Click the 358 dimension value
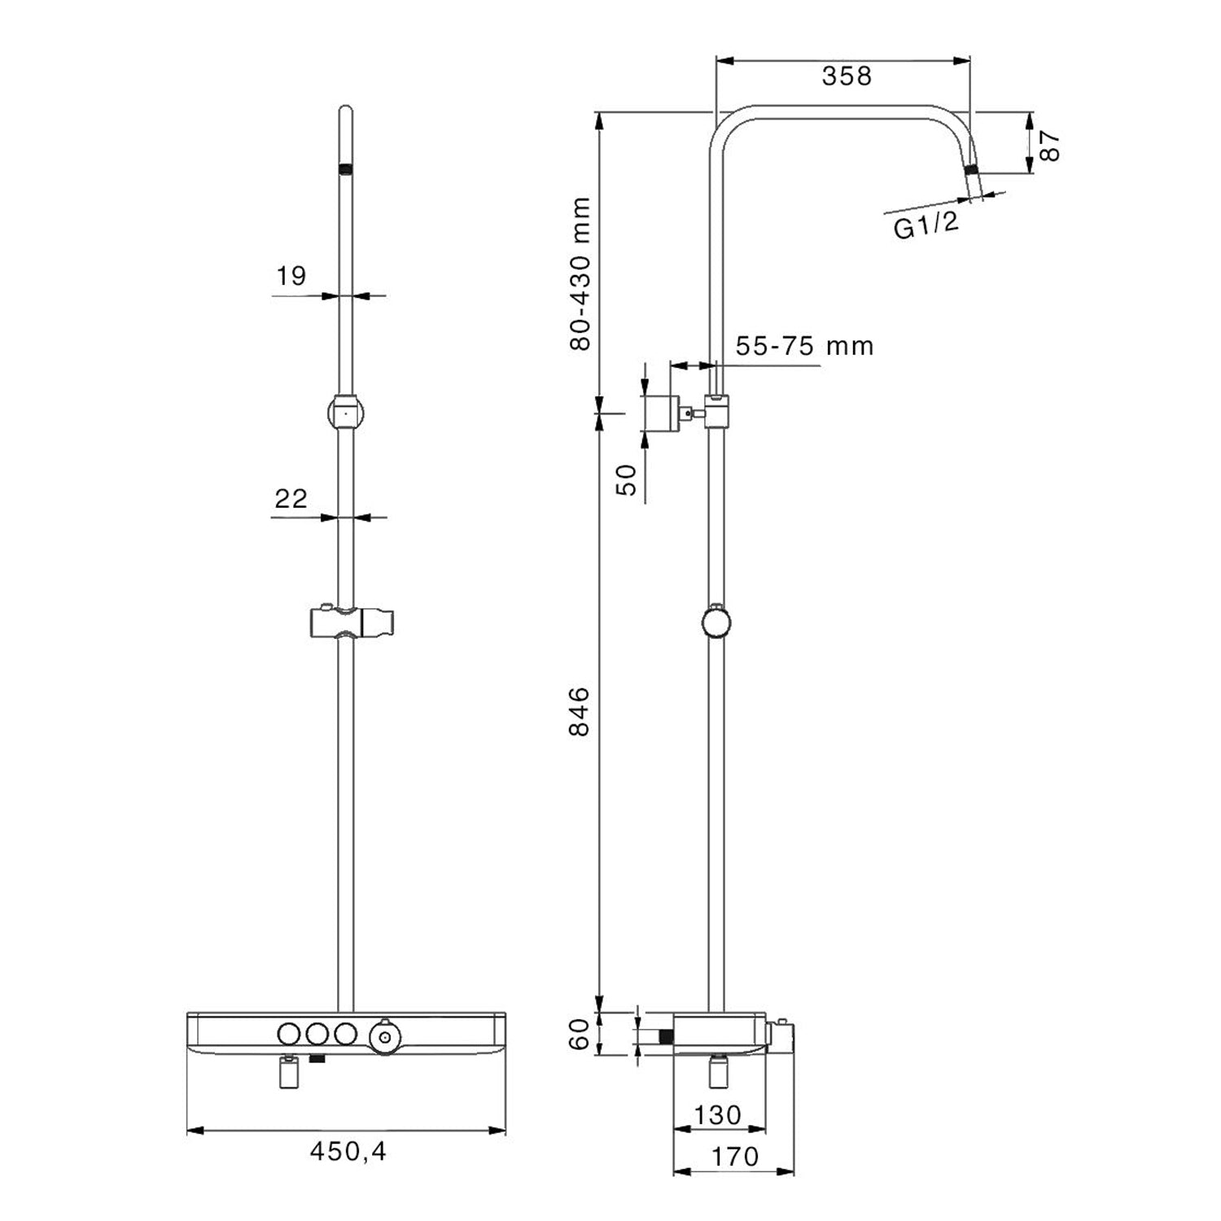click(846, 76)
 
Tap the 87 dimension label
click(1049, 145)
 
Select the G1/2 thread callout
click(926, 224)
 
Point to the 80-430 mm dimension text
click(580, 274)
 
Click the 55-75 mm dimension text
click(804, 346)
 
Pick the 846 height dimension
click(580, 711)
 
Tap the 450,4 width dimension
click(348, 1151)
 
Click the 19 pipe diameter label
click(291, 276)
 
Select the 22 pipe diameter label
click(291, 498)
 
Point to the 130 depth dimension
click(718, 1114)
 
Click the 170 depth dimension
click(734, 1157)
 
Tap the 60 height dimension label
click(580, 1034)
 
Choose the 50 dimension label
click(627, 479)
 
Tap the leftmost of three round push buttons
click(288, 1034)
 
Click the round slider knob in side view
click(716, 623)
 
